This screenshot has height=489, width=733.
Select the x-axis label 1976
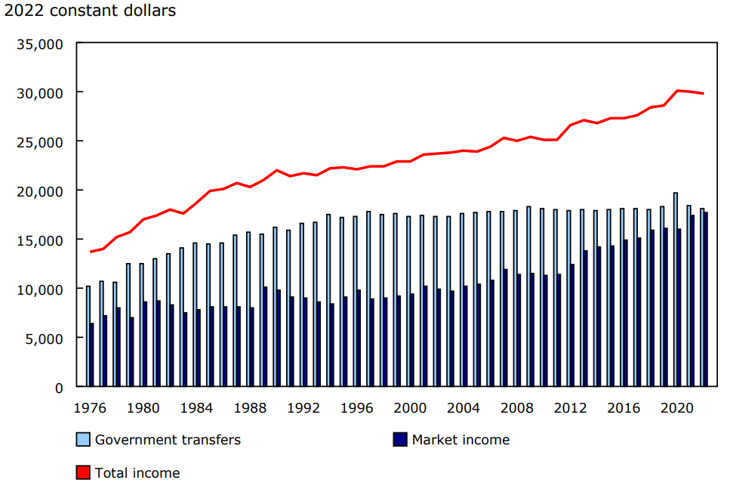(91, 407)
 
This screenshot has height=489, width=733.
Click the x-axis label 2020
(677, 407)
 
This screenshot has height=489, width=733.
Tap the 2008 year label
(517, 407)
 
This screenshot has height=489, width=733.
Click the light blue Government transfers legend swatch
(83, 440)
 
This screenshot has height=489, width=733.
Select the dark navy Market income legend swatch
(400, 440)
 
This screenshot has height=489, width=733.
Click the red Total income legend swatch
(83, 473)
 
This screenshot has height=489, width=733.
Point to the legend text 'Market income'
(460, 440)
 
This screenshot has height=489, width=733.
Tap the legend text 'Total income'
(137, 473)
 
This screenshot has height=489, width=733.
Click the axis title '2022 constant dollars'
(90, 11)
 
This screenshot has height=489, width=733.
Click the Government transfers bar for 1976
(88, 336)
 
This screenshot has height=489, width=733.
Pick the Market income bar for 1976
(92, 355)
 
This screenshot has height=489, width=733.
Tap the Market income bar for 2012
(572, 326)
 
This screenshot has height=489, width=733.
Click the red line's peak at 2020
(677, 91)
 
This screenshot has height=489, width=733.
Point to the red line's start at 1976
(91, 252)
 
